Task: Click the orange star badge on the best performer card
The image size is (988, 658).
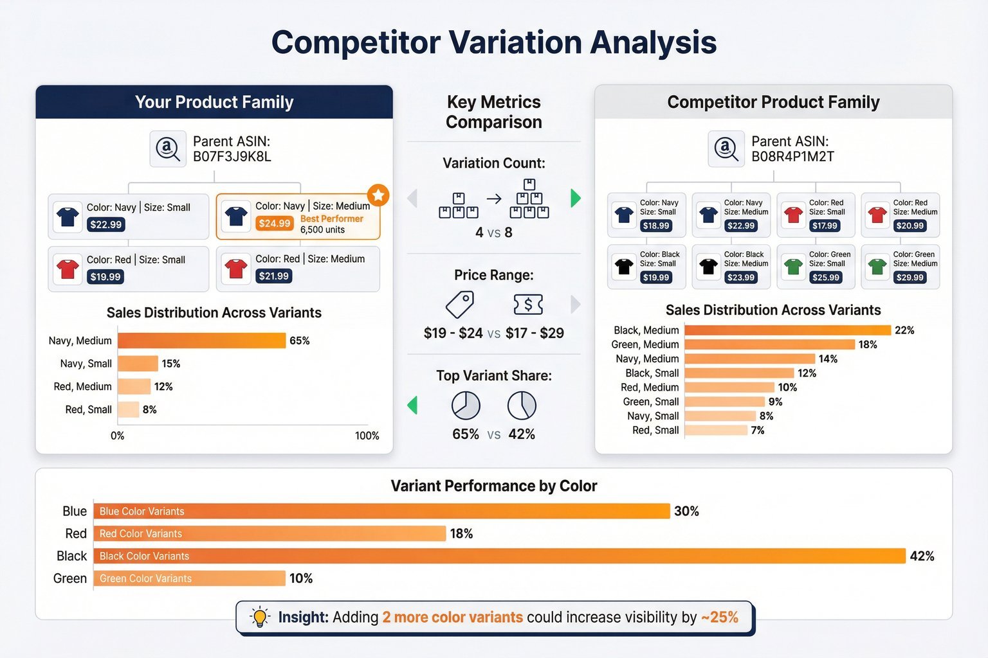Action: point(378,195)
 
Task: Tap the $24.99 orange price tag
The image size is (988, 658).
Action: point(275,223)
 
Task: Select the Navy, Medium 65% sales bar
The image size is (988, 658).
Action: point(201,341)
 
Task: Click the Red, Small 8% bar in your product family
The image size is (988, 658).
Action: point(128,409)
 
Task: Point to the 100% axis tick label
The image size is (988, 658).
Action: point(367,436)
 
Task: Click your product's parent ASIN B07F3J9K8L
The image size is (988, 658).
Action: point(232,157)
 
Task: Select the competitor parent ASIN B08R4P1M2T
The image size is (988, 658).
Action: point(792,157)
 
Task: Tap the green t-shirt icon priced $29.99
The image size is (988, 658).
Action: point(877,266)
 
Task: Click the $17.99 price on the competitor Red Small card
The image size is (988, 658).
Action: point(825,226)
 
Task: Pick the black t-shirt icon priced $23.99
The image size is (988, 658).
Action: point(708,266)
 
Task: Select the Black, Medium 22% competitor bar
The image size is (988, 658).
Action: point(787,330)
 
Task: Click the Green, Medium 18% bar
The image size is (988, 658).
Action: point(769,344)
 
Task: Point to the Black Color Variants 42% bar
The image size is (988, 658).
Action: point(499,556)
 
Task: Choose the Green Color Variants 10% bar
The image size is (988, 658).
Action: point(189,578)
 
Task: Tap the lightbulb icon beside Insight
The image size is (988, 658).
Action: point(260,617)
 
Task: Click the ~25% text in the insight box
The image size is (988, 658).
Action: point(719,617)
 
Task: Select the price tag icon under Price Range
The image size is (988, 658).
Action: point(460,304)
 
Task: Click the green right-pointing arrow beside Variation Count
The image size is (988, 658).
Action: point(576,198)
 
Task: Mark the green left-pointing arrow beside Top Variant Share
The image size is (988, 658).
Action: point(412,405)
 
